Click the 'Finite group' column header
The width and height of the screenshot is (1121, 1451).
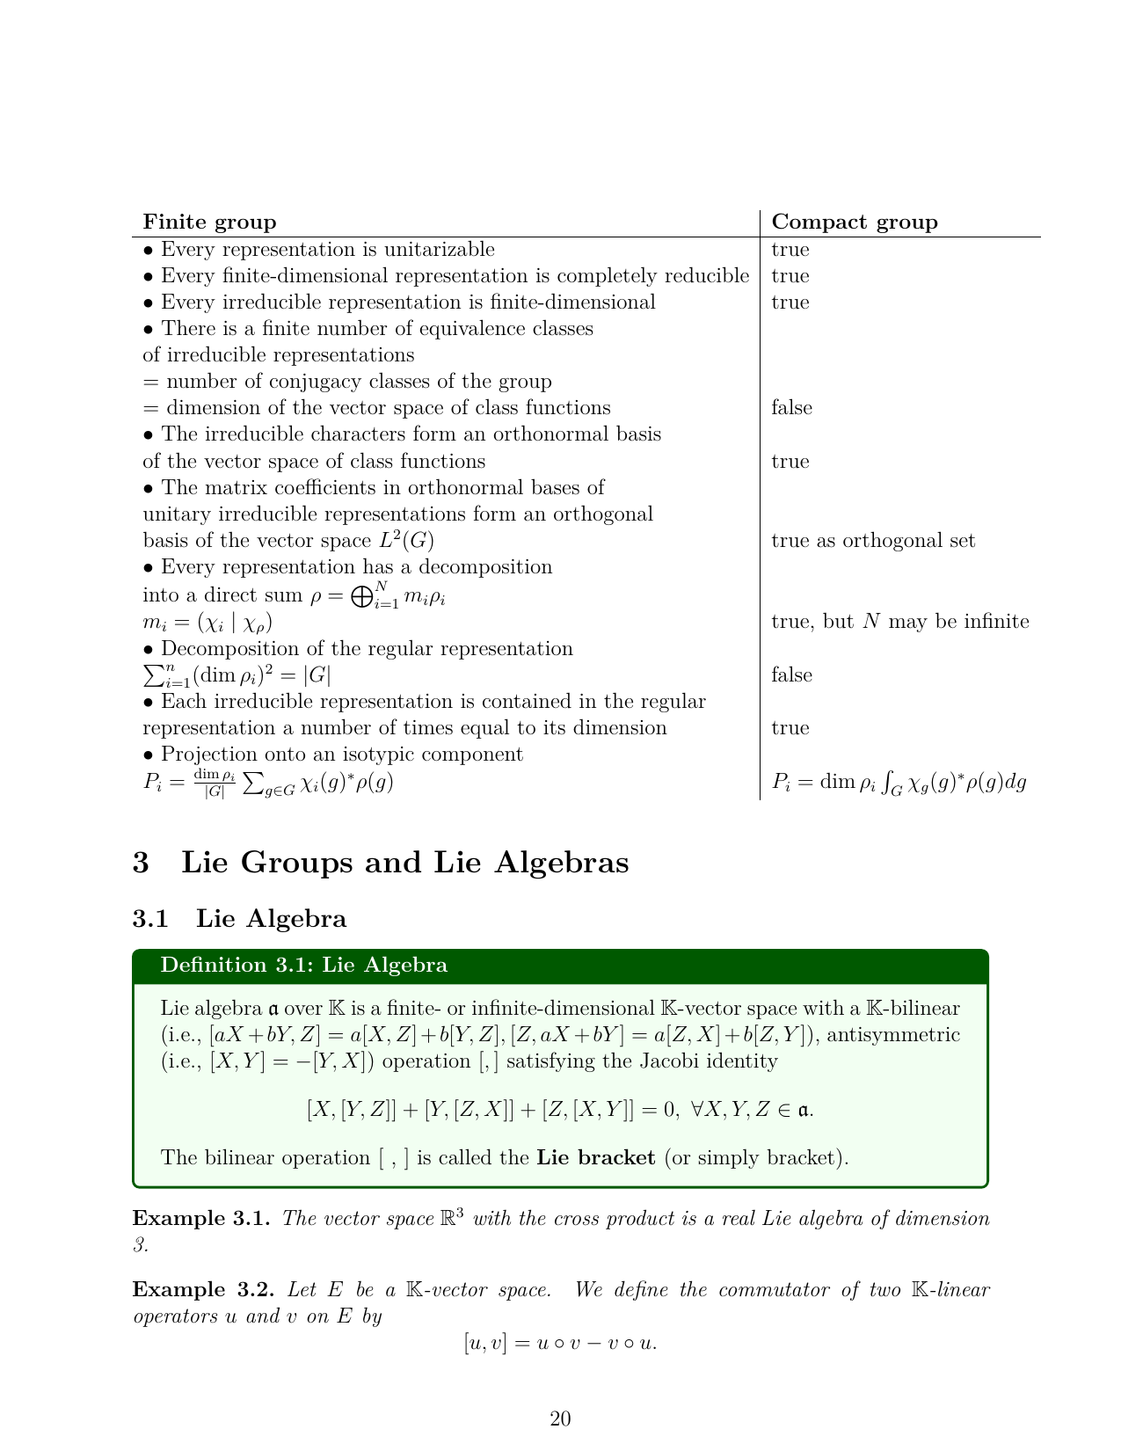209,222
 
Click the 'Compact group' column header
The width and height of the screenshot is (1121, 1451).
854,222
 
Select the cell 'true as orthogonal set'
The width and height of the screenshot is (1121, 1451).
873,541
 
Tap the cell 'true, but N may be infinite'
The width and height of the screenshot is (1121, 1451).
899,622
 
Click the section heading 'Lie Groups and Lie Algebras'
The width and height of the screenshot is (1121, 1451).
404,863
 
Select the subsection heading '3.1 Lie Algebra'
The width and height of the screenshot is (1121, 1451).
239,919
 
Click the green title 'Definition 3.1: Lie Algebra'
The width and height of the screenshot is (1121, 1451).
303,966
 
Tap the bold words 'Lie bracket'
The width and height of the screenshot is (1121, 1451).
595,1157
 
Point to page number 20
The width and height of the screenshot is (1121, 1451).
560,1418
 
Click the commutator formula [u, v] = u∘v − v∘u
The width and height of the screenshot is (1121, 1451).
560,1344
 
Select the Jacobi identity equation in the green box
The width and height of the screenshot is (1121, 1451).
559,1110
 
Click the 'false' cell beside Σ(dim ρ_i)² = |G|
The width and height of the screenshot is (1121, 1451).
791,675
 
